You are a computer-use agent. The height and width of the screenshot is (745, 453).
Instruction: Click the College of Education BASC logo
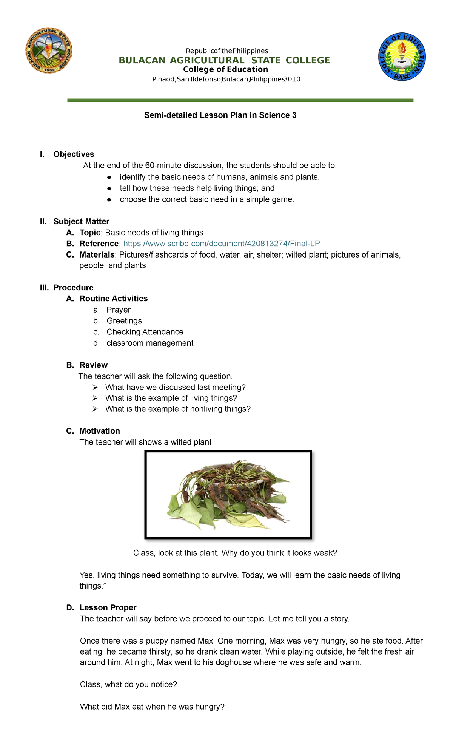[402, 56]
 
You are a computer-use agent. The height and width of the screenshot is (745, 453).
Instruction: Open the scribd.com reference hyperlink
[222, 244]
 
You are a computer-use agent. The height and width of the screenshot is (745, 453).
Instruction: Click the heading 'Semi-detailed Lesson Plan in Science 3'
[220, 115]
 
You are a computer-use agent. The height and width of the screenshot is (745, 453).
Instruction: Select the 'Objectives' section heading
[74, 154]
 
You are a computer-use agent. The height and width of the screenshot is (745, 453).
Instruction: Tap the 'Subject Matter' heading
[81, 221]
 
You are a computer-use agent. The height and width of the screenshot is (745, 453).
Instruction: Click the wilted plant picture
[228, 494]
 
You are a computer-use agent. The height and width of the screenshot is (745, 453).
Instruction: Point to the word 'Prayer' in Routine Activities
[119, 310]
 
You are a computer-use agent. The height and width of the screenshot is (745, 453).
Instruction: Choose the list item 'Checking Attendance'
[145, 332]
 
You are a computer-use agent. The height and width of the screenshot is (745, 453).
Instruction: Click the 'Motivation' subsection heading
[100, 431]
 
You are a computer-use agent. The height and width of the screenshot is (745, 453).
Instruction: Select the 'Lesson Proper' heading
[108, 607]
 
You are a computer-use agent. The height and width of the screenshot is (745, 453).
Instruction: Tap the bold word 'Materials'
[97, 255]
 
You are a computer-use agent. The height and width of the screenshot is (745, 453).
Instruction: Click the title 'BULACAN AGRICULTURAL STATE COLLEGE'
[224, 60]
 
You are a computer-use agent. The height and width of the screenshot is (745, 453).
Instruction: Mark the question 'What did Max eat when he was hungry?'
[152, 707]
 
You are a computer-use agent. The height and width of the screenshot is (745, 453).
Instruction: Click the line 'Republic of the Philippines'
[226, 51]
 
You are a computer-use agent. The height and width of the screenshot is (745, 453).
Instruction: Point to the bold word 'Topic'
[90, 233]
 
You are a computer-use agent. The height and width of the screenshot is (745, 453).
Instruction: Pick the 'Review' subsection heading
[94, 365]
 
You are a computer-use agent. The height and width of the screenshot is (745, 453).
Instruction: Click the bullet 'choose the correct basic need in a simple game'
[206, 199]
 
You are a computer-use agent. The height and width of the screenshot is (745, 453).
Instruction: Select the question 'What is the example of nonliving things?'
[178, 409]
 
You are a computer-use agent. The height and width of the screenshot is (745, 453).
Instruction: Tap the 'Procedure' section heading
[73, 288]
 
